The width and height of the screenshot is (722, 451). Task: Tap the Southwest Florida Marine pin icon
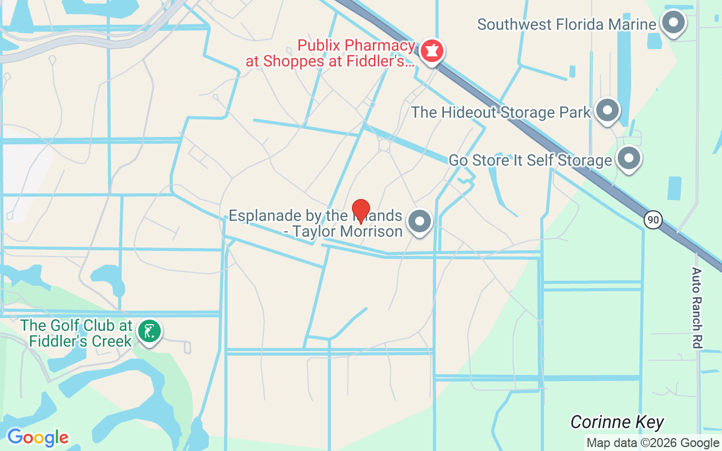tap(672, 24)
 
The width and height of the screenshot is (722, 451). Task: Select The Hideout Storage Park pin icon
tap(607, 110)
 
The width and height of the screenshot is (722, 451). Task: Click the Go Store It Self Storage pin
tap(629, 159)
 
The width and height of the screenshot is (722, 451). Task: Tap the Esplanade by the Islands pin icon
tap(419, 222)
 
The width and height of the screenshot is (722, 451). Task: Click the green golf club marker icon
tap(149, 331)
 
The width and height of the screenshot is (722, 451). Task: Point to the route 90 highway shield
tap(653, 219)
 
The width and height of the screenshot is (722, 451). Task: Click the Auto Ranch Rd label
tap(697, 307)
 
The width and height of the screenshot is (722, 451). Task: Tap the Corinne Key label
tap(617, 422)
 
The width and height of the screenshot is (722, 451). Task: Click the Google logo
tap(38, 437)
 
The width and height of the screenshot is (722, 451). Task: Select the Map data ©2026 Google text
tap(653, 443)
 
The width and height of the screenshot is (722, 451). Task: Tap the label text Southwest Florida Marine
tap(566, 25)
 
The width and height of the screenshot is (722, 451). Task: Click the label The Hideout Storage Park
tap(500, 112)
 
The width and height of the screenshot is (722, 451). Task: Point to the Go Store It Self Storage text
tap(530, 161)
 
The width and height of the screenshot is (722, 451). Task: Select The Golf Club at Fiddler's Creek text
tap(77, 333)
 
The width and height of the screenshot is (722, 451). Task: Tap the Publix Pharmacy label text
tap(356, 45)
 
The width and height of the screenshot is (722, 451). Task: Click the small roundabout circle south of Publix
tap(384, 145)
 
